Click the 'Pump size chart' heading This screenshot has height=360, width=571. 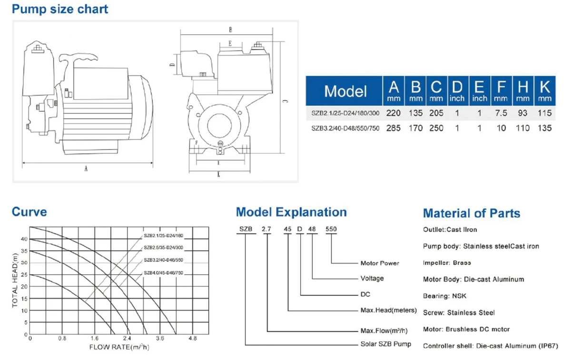pyautogui.click(x=60, y=10)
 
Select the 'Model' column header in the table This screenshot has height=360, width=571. pyautogui.click(x=345, y=91)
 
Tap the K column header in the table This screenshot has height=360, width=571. pyautogui.click(x=545, y=91)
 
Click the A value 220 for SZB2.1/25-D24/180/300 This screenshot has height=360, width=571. pyautogui.click(x=394, y=113)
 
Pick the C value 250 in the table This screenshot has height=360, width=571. pyautogui.click(x=436, y=128)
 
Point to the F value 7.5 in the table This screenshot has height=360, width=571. pyautogui.click(x=501, y=113)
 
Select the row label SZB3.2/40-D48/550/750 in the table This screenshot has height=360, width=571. pyautogui.click(x=345, y=129)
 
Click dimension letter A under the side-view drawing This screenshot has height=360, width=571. pyautogui.click(x=86, y=169)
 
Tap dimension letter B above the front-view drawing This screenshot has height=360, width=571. pyautogui.click(x=230, y=30)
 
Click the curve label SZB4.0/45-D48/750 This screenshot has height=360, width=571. pyautogui.click(x=163, y=273)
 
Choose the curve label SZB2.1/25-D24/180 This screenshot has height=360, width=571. pyautogui.click(x=163, y=236)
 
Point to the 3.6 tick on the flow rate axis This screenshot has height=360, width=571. pyautogui.click(x=160, y=338)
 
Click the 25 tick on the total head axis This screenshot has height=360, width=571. pyautogui.click(x=24, y=275)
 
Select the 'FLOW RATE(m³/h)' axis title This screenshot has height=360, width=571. pyautogui.click(x=119, y=347)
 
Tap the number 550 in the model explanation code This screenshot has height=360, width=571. pyautogui.click(x=331, y=229)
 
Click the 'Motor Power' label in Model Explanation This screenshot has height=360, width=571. pyautogui.click(x=380, y=263)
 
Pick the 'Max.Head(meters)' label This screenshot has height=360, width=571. pyautogui.click(x=388, y=310)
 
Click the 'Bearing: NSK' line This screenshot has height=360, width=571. pyautogui.click(x=444, y=296)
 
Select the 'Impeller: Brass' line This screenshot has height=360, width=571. pyautogui.click(x=447, y=263)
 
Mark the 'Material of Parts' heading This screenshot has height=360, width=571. pyautogui.click(x=472, y=213)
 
